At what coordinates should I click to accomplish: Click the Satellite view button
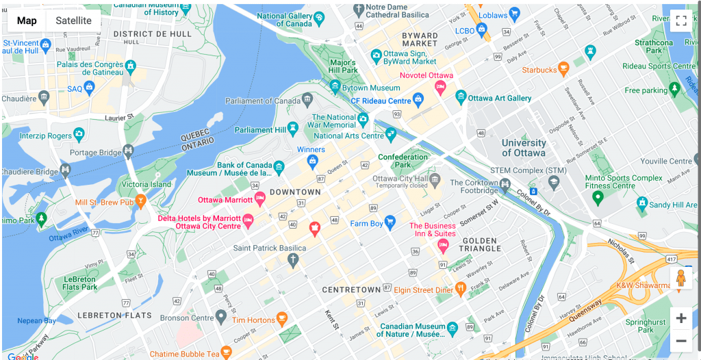(73, 21)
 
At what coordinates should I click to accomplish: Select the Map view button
(27, 21)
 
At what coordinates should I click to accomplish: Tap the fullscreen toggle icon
(680, 21)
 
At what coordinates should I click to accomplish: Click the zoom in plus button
(680, 318)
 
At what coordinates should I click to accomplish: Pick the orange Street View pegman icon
(680, 279)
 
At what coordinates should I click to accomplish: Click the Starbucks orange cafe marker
(563, 69)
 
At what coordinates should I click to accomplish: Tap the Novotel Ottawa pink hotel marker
(441, 87)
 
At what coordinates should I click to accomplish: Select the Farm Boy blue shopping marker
(390, 222)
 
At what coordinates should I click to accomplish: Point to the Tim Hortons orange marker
(281, 319)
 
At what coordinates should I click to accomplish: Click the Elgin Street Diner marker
(460, 290)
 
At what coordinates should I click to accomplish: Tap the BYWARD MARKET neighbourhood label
(420, 39)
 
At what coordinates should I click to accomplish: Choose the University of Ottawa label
(524, 148)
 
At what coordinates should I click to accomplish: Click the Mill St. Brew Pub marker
(140, 201)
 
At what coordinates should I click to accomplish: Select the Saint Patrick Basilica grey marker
(293, 259)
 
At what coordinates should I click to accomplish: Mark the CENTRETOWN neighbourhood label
(351, 290)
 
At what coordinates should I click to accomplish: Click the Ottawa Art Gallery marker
(461, 98)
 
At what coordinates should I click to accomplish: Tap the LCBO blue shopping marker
(481, 29)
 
